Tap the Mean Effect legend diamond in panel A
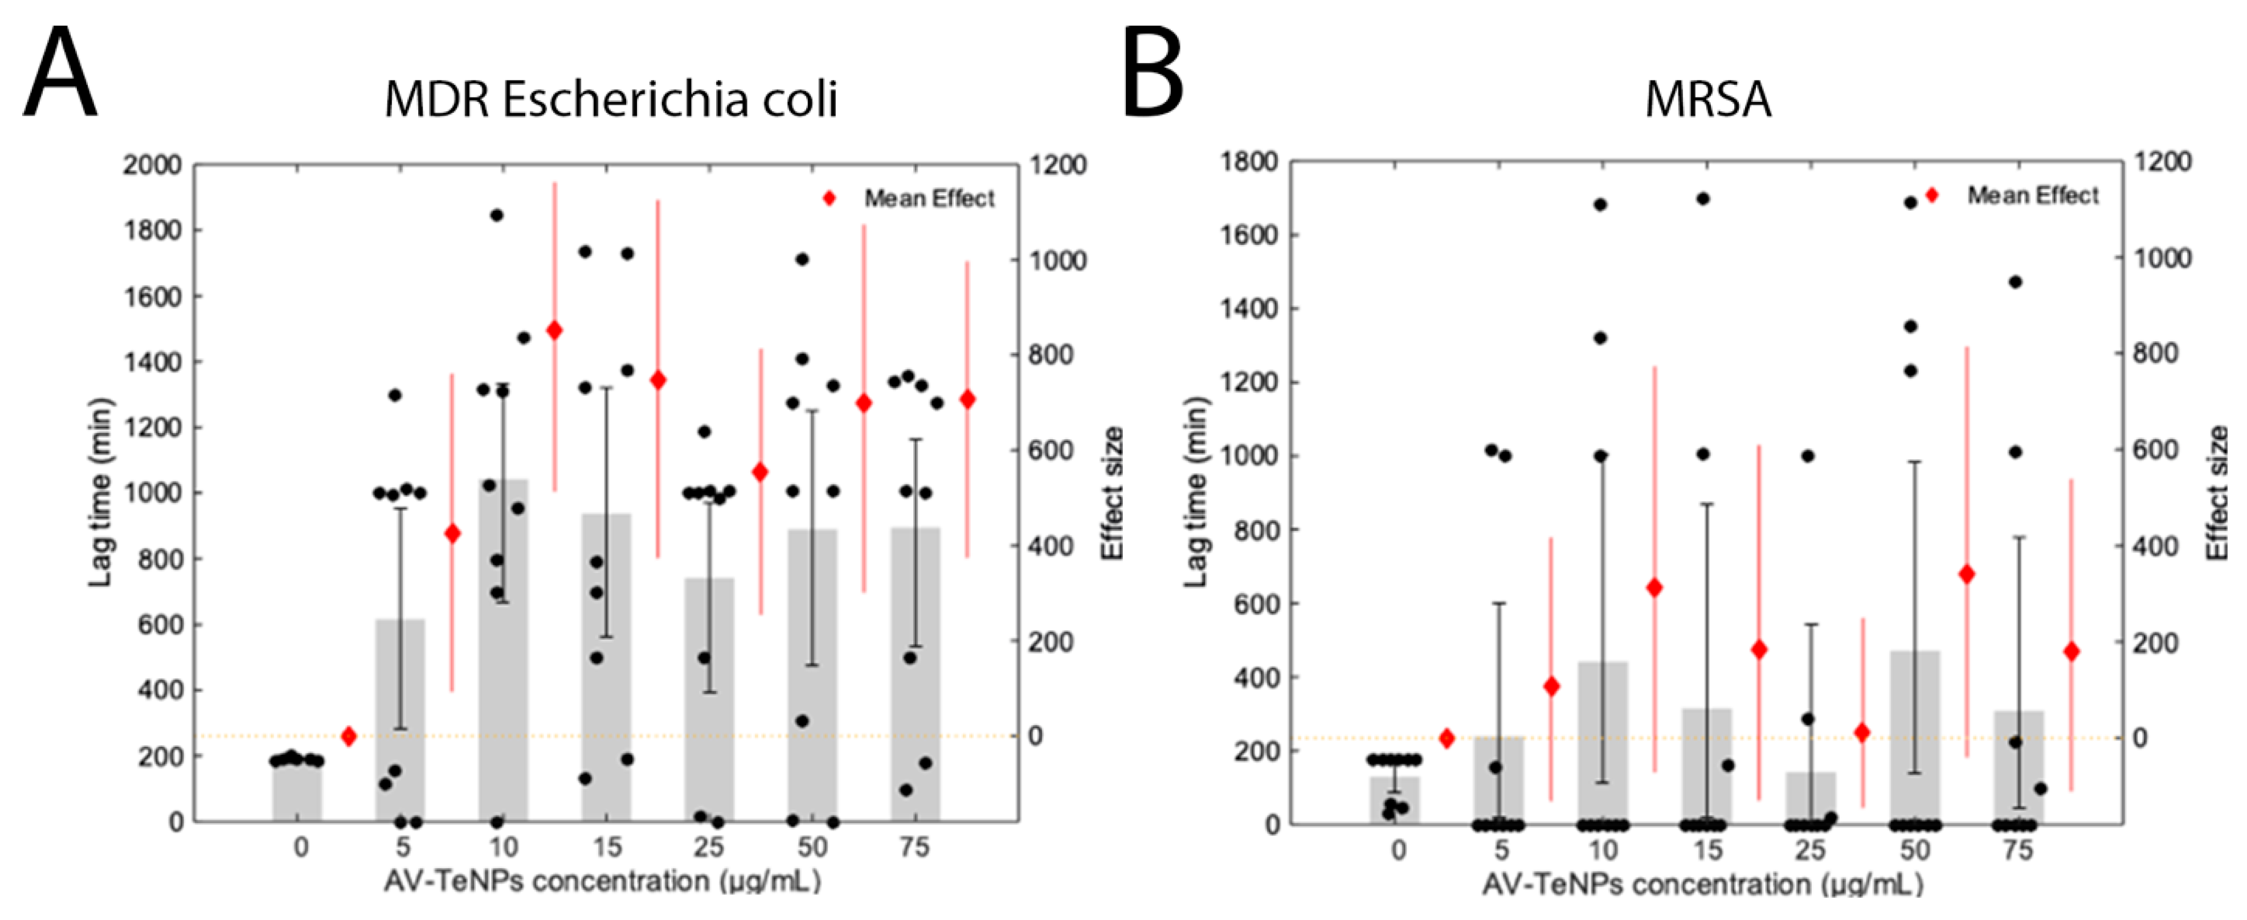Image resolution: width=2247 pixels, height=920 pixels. point(829,199)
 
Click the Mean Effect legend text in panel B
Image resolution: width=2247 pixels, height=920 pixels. point(2032,195)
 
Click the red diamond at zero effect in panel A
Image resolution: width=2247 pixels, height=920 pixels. point(349,737)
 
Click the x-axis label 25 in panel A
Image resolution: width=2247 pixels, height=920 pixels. point(709,847)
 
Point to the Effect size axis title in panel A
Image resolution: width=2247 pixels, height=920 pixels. point(1112,493)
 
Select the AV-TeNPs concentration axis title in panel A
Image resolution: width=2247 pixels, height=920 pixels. point(602,882)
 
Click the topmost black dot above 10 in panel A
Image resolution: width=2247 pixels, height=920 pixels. point(496,215)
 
